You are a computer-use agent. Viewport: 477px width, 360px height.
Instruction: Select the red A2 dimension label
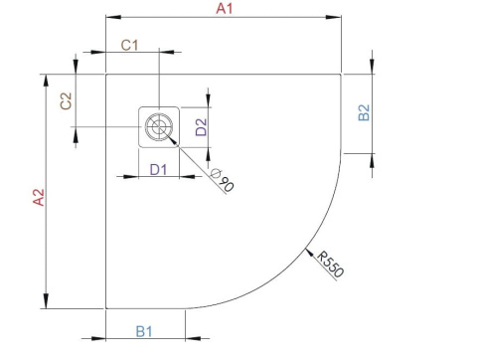(x=38, y=198)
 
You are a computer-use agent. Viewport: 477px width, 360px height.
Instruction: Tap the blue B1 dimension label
(x=143, y=329)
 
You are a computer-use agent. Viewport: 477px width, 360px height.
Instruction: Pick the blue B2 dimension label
(x=364, y=113)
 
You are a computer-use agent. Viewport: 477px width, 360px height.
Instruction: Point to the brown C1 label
(x=129, y=45)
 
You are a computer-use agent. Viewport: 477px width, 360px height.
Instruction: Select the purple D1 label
(x=157, y=169)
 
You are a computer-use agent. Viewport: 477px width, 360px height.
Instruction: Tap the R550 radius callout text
(x=332, y=264)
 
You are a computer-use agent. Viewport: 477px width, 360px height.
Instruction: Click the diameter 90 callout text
(x=223, y=181)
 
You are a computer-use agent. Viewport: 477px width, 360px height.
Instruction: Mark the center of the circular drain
(x=157, y=126)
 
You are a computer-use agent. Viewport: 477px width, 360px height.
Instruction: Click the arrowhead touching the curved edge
(x=310, y=248)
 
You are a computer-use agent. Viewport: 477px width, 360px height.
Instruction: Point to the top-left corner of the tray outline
(x=105, y=74)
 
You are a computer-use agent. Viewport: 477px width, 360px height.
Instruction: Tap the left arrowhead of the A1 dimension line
(x=110, y=18)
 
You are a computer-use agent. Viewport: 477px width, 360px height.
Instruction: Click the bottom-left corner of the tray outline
(x=105, y=308)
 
